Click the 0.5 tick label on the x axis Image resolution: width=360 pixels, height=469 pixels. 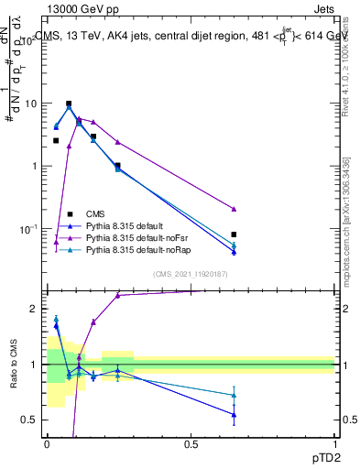[191, 444]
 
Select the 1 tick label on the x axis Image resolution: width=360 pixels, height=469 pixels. [334, 444]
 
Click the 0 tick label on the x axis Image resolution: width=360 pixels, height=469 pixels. [47, 444]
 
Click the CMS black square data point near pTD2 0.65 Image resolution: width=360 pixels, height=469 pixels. [235, 234]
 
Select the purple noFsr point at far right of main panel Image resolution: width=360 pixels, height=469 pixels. [235, 209]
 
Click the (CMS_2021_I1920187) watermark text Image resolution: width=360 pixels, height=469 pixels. [191, 273]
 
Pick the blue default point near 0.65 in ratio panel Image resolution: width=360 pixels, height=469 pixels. [235, 414]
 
